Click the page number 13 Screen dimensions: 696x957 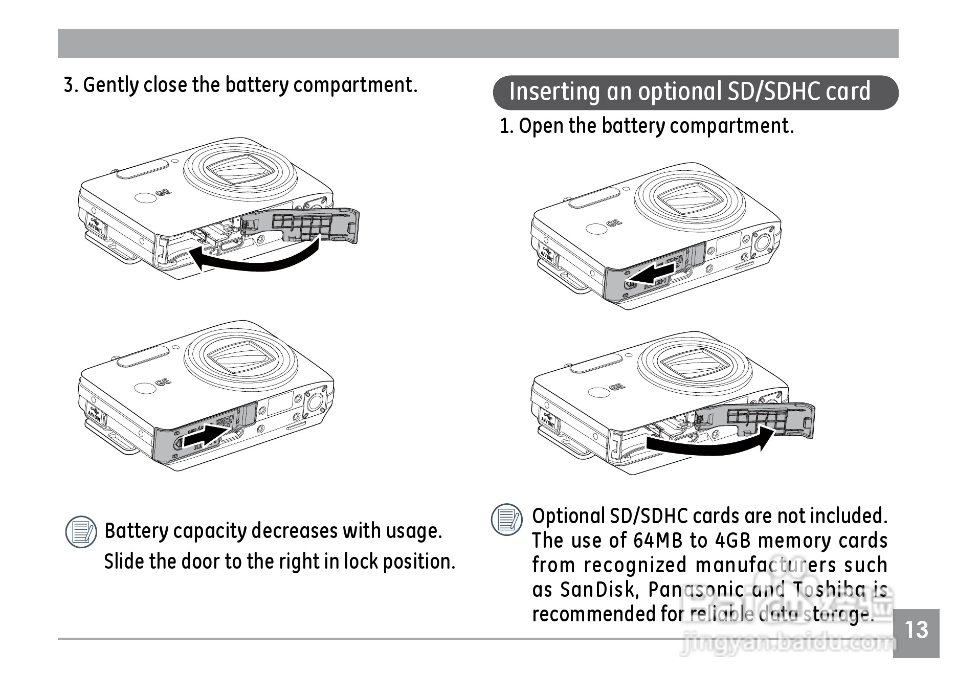tap(916, 631)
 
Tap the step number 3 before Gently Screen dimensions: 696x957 tap(70, 85)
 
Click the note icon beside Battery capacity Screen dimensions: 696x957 tap(81, 532)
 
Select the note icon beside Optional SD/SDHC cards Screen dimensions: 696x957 tap(506, 520)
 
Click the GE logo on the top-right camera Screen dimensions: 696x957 tap(614, 223)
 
